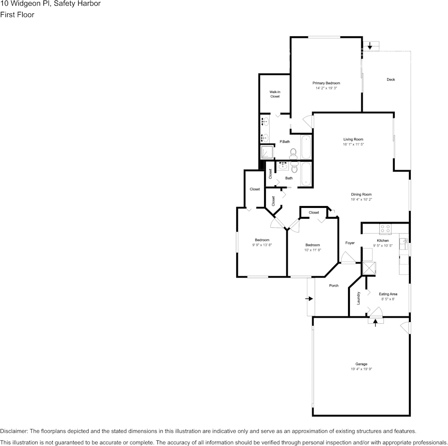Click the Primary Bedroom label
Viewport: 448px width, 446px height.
click(326, 83)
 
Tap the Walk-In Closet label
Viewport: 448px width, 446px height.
click(275, 94)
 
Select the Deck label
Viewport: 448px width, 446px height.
click(390, 79)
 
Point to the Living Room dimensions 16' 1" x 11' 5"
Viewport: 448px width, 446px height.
click(353, 144)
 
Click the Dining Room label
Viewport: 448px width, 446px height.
click(361, 194)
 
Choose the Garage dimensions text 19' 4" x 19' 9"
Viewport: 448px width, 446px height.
click(361, 369)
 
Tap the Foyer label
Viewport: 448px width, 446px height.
click(349, 243)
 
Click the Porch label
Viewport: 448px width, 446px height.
click(333, 286)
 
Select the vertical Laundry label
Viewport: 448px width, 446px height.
click(358, 298)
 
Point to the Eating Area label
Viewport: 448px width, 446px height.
click(388, 294)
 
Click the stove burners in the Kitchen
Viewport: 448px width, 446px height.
click(385, 229)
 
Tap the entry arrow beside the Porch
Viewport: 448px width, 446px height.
click(309, 298)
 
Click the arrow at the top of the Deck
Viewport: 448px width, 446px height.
click(370, 46)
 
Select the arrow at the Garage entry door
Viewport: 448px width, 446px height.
click(375, 323)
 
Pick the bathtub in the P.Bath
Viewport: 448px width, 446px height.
click(306, 147)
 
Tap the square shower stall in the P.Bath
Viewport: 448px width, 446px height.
click(267, 152)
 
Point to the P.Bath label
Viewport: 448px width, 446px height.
click(284, 141)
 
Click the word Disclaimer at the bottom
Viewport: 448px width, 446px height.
click(14, 431)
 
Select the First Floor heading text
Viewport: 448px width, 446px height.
click(17, 15)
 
